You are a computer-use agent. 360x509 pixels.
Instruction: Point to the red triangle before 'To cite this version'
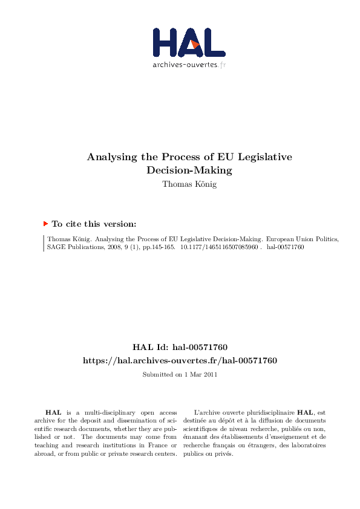pos(45,223)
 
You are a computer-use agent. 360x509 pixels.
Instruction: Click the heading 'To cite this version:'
pos(94,224)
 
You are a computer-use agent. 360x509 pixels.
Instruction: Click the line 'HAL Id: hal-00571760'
pos(180,348)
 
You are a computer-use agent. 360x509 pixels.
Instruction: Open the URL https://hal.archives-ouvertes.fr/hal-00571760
pos(180,360)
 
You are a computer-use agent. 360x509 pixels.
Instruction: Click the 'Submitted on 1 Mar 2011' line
pos(180,375)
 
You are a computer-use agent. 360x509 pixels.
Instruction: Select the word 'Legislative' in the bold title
pos(265,157)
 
